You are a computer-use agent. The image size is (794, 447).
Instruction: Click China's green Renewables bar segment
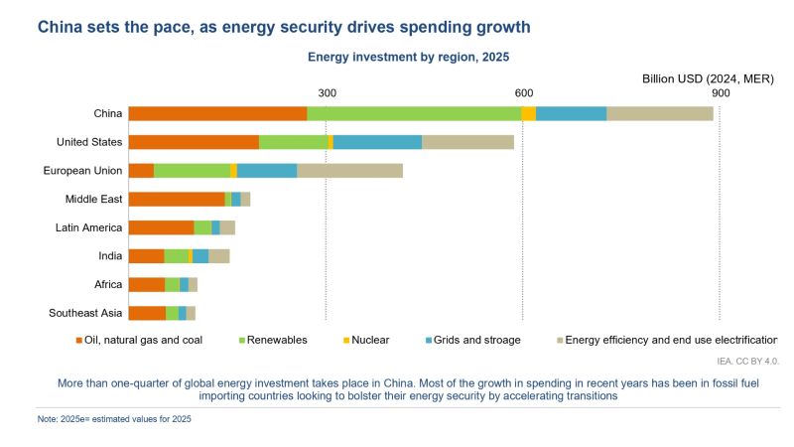(x=414, y=113)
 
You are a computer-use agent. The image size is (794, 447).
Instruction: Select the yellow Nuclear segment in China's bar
(x=528, y=113)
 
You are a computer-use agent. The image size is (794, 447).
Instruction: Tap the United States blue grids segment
(x=377, y=142)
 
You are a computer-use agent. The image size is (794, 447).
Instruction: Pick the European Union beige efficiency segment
(x=349, y=171)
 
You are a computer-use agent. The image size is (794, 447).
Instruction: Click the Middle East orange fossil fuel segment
(x=177, y=199)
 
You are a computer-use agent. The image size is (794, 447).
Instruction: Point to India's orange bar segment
(x=146, y=256)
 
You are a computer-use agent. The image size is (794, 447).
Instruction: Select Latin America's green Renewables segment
(x=202, y=227)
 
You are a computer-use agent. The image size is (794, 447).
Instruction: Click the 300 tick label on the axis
(x=327, y=92)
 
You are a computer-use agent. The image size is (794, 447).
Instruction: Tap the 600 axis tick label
(x=523, y=92)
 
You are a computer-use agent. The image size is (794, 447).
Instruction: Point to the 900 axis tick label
(x=720, y=92)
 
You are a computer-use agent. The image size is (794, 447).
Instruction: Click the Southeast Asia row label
(x=85, y=314)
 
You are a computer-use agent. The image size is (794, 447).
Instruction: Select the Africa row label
(x=108, y=285)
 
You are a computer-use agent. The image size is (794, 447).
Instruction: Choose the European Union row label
(x=82, y=171)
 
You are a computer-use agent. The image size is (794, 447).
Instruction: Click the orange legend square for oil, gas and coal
(x=79, y=340)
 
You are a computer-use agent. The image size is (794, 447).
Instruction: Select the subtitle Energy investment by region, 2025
(x=408, y=58)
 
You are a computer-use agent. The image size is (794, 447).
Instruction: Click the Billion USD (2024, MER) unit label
(x=707, y=77)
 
